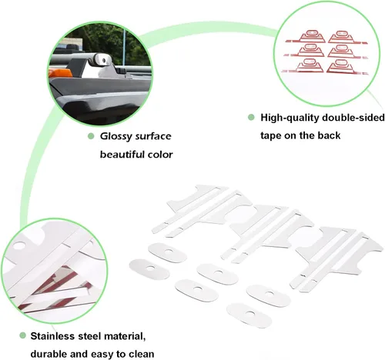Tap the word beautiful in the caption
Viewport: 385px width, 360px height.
coord(119,155)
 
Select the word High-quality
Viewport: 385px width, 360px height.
coord(290,118)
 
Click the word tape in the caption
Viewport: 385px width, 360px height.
coord(270,135)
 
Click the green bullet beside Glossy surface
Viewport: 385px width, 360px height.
coord(91,136)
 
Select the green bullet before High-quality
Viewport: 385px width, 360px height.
coord(251,118)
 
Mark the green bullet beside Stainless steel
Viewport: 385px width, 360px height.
coord(23,335)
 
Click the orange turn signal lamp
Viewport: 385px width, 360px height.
coord(60,73)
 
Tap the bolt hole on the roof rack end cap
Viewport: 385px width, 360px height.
coord(104,61)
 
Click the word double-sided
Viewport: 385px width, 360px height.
coord(353,118)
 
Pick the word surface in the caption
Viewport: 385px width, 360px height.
coord(153,136)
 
